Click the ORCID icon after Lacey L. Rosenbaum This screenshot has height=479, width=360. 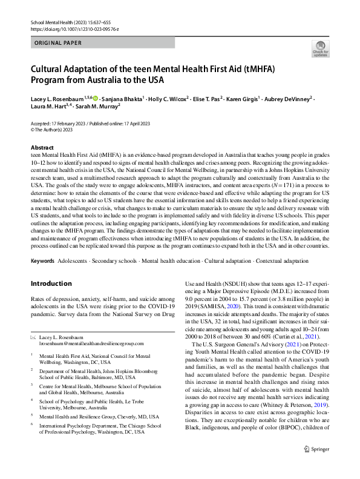[95, 98]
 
